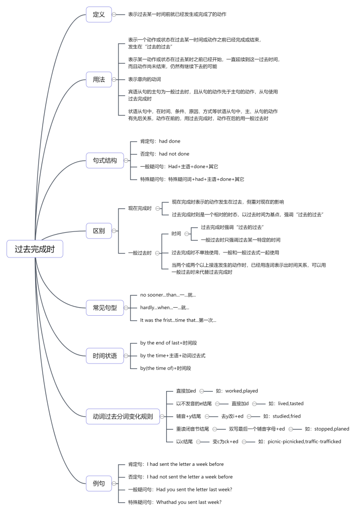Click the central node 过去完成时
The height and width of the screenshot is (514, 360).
pos(35,249)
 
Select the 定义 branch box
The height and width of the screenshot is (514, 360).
pos(99,15)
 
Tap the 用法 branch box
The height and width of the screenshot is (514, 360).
pos(99,79)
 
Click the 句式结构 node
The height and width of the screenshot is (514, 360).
pos(105,161)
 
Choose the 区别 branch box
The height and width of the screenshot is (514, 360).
pos(99,231)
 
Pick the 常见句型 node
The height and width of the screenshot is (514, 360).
pos(105,308)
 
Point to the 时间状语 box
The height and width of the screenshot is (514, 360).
pos(105,356)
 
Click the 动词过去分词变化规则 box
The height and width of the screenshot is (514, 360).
pos(123,417)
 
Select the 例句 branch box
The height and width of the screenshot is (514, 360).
pos(99,483)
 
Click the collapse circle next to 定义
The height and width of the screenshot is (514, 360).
pos(114,15)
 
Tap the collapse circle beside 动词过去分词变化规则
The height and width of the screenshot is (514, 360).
pos(162,417)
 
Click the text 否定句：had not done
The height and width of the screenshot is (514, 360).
pos(165,154)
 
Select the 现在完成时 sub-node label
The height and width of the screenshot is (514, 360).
pos(140,208)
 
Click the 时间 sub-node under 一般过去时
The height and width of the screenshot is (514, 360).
pos(176,234)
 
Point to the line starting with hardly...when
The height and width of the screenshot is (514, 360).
pos(165,308)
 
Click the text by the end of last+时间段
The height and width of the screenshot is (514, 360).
pos(169,343)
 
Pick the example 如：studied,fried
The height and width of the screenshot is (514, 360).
pos(282,416)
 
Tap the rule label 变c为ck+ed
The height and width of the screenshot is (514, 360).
pos(225,442)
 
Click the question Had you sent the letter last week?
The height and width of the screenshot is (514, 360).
pos(194,489)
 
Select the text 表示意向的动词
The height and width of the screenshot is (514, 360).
pos(145,79)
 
